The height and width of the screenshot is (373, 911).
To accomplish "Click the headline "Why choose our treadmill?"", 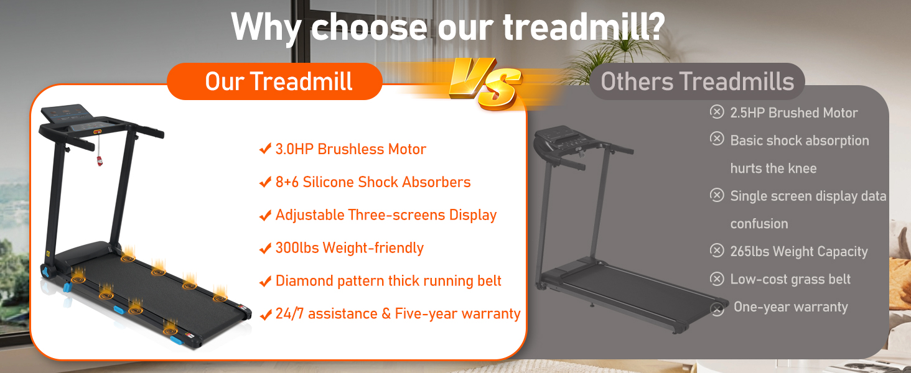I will click(x=448, y=27).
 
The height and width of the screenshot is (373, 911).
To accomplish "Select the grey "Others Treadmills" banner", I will click(x=697, y=81).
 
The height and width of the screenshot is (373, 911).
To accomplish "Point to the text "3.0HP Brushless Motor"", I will click(x=350, y=149).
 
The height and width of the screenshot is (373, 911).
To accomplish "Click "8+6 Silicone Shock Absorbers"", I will click(x=373, y=182).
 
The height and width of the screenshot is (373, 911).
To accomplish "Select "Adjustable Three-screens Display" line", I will click(x=386, y=215).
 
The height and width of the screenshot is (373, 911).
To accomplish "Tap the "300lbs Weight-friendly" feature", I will click(x=349, y=248).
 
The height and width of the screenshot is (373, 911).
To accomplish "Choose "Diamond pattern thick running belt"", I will click(x=388, y=281).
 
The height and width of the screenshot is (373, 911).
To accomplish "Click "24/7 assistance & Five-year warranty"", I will click(x=398, y=314).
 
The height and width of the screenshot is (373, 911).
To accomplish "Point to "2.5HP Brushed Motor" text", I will click(x=793, y=113).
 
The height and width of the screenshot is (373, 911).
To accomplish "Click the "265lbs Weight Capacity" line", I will click(x=798, y=252).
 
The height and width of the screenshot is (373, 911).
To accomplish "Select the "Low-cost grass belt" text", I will click(x=790, y=280).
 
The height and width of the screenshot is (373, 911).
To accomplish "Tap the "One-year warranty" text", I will click(x=790, y=307).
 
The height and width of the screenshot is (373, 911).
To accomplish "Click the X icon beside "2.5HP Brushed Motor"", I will click(x=717, y=112).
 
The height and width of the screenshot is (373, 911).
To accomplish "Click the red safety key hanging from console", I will click(x=100, y=160).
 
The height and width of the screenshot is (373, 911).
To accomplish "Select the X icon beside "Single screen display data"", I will click(x=717, y=195).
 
